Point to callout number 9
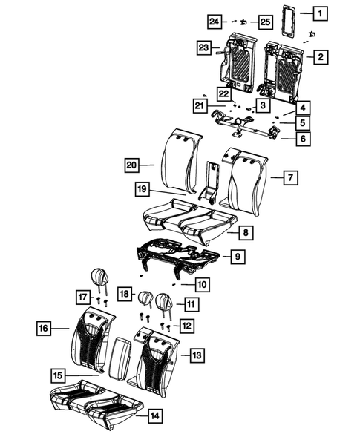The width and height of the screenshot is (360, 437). (x=237, y=257)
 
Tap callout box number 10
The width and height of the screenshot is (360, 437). (x=202, y=283)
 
